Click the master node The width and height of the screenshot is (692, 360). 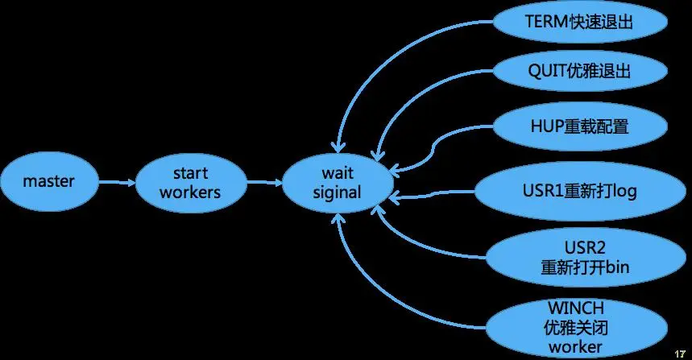pyautogui.click(x=49, y=181)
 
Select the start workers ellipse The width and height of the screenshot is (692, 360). pyautogui.click(x=191, y=183)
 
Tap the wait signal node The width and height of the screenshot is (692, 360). pyautogui.click(x=338, y=183)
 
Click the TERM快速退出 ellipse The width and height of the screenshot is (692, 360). pyautogui.click(x=580, y=22)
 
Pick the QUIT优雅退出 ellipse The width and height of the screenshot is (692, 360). pyautogui.click(x=580, y=71)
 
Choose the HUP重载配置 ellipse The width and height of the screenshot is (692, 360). pyautogui.click(x=580, y=126)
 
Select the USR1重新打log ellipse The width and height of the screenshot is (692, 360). pyautogui.click(x=580, y=191)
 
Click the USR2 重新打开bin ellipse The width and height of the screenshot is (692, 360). pyautogui.click(x=586, y=257)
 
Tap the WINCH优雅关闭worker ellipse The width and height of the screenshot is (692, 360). pyautogui.click(x=576, y=327)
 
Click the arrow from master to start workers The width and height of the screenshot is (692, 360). pyautogui.click(x=117, y=182)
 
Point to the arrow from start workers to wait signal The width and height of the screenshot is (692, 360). pyautogui.click(x=264, y=182)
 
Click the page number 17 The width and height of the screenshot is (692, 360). pyautogui.click(x=680, y=354)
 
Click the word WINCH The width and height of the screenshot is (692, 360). pyautogui.click(x=576, y=308)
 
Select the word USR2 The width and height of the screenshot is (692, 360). pyautogui.click(x=585, y=247)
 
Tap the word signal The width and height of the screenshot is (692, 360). pyautogui.click(x=338, y=192)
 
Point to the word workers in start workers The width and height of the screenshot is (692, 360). pyautogui.click(x=190, y=192)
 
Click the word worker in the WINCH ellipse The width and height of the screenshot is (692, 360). pyautogui.click(x=575, y=347)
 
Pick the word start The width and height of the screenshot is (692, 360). pyautogui.click(x=190, y=173)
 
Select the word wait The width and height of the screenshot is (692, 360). pyautogui.click(x=338, y=173)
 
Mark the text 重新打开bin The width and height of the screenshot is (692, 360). pyautogui.click(x=585, y=267)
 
